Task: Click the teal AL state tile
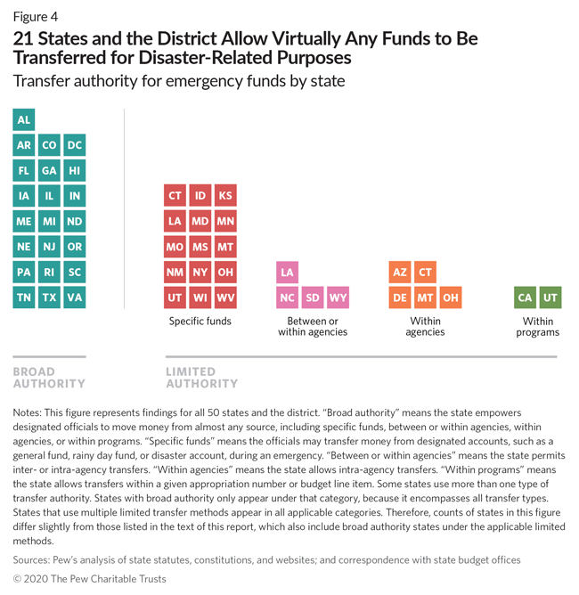point(24,119)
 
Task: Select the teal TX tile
point(50,297)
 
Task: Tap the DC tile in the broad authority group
point(75,145)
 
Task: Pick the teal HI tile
point(75,170)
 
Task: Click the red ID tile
point(201,196)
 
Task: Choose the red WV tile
point(226,297)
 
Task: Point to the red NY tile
point(201,272)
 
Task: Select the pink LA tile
point(287,272)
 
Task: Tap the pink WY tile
point(338,297)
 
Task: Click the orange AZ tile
point(400,272)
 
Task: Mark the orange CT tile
point(425,272)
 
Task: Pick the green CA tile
point(526,297)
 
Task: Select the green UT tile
point(551,297)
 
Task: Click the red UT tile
point(176,297)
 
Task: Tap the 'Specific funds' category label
point(200,322)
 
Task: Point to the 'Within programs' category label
point(538,327)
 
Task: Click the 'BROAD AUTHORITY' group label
point(49,378)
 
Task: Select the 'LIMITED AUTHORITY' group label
point(202,378)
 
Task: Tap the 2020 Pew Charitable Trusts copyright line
point(89,579)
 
